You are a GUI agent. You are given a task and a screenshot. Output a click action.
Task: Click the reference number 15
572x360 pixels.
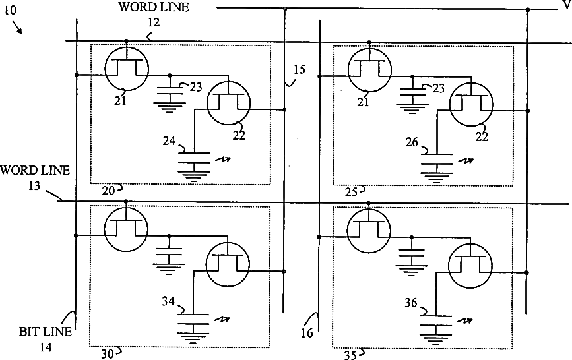pyautogui.click(x=299, y=68)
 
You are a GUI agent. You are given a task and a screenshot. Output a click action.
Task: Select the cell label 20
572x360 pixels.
pyautogui.click(x=108, y=190)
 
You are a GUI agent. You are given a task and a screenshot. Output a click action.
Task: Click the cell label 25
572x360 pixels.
pyautogui.click(x=352, y=191)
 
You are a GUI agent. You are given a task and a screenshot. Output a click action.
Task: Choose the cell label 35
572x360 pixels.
pyautogui.click(x=351, y=354)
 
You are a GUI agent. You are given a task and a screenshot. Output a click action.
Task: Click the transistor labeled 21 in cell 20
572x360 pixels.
pyautogui.click(x=126, y=67)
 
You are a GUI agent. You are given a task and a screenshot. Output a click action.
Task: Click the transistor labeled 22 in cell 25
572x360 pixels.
pyautogui.click(x=471, y=105)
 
